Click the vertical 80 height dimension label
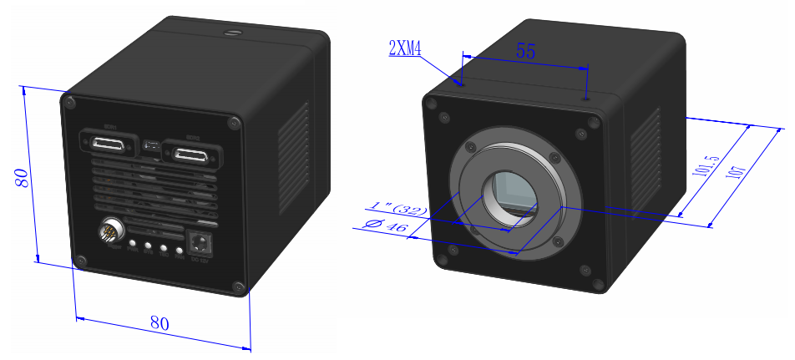22,178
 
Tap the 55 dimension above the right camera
524,51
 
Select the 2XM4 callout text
405,48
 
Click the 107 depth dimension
736,179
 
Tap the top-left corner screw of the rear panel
69,102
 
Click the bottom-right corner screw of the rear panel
240,288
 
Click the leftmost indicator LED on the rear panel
132,245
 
